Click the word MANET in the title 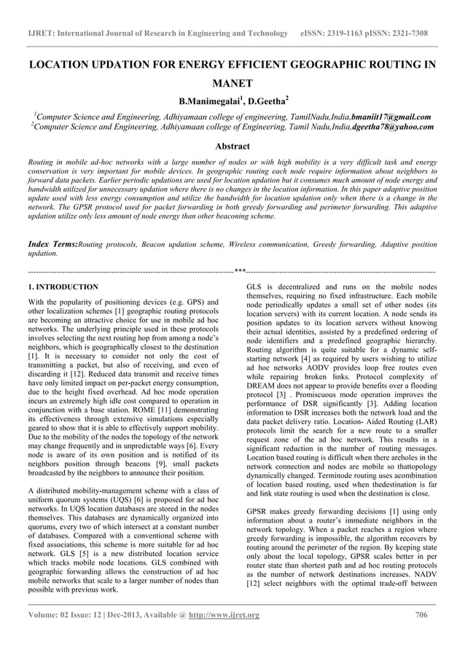coord(232,84)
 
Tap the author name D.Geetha coord(267,100)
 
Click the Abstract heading coord(232,146)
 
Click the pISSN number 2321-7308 coord(410,34)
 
